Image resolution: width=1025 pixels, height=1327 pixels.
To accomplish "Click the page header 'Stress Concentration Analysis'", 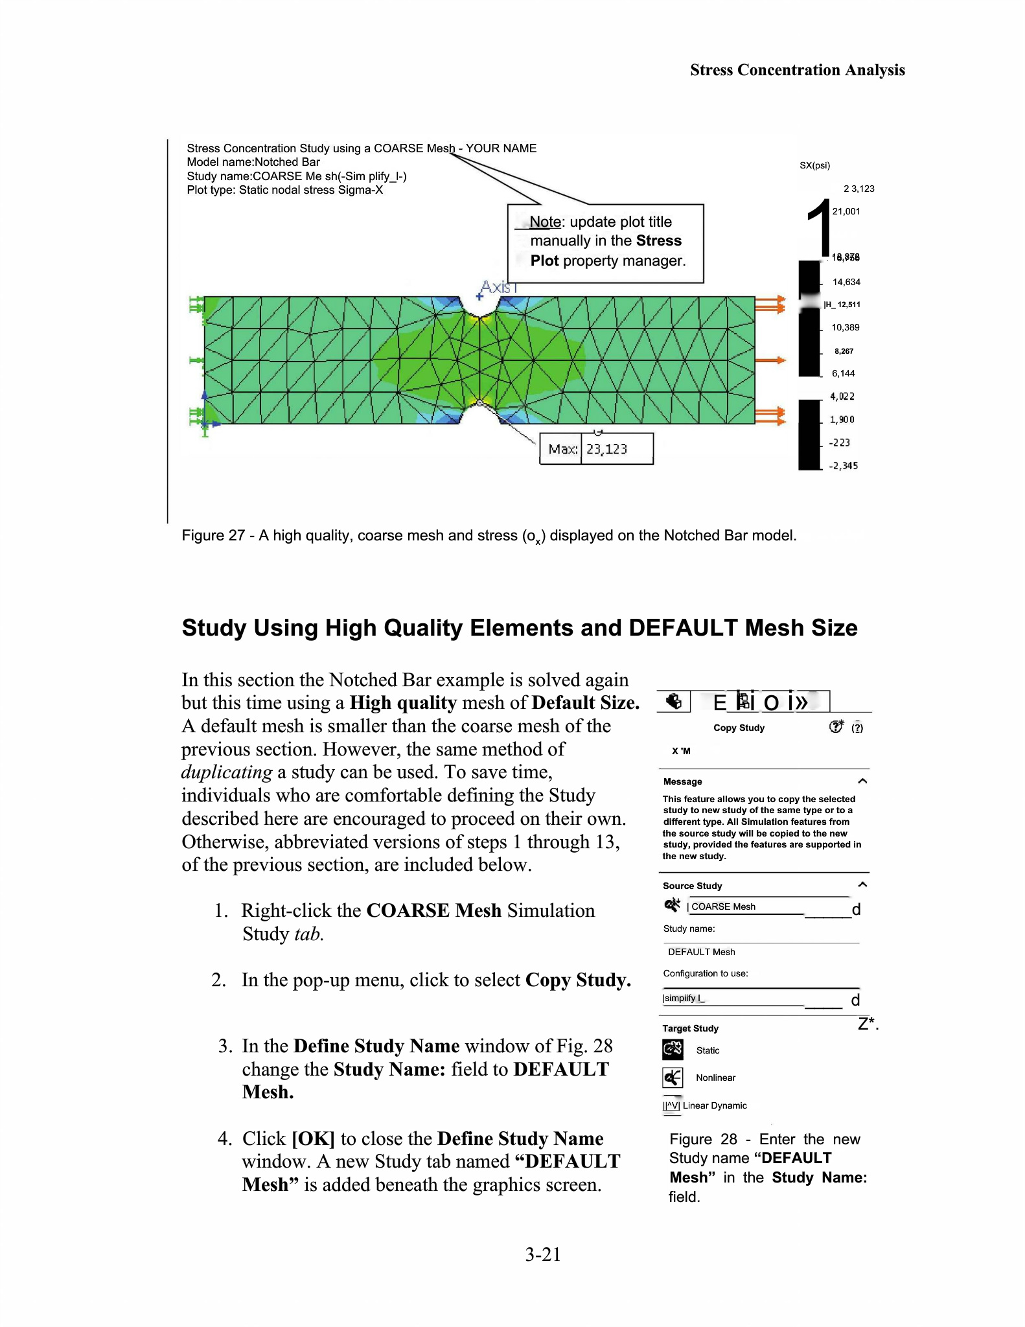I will coord(797,70).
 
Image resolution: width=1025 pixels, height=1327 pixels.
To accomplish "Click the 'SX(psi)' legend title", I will coord(814,165).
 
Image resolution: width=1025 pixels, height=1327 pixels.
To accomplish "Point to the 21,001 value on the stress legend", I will coord(846,211).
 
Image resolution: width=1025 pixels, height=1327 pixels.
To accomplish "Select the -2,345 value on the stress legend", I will coord(843,466).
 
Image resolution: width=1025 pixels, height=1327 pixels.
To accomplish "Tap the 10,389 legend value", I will coord(846,327).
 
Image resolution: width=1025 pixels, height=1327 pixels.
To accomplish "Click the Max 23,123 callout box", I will coord(596,449).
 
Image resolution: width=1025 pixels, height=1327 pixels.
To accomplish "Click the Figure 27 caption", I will coord(489,535).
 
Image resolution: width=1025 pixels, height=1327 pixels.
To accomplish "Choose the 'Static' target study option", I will coord(708,1050).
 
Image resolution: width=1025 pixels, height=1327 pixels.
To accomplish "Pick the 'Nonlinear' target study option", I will coord(715,1078).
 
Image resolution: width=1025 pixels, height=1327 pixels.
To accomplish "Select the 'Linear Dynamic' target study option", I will coord(715,1105).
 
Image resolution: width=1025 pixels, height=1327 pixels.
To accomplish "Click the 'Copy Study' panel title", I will coord(739,728).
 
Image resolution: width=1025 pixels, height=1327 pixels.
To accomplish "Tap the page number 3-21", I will coord(542,1254).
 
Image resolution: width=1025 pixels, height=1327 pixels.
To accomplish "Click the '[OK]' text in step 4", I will coord(313,1138).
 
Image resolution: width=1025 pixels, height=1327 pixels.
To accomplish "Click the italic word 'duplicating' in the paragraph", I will coord(227,772).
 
